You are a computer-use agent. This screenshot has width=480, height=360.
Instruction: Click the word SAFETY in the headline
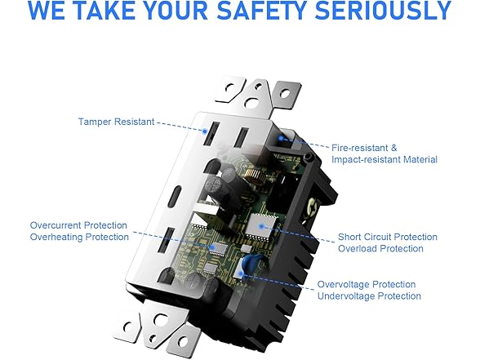pyautogui.click(x=262, y=10)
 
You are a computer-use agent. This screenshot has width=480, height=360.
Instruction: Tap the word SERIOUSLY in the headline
pyautogui.click(x=384, y=10)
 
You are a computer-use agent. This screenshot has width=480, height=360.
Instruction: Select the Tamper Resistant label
pyautogui.click(x=116, y=122)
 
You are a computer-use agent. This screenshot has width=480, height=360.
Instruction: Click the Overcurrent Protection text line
pyautogui.click(x=78, y=225)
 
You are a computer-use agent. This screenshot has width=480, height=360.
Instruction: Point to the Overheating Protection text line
pyautogui.click(x=79, y=237)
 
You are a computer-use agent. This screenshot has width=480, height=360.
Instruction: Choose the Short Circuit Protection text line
pyautogui.click(x=388, y=237)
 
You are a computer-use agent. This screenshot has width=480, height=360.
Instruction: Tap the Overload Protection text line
pyautogui.click(x=380, y=248)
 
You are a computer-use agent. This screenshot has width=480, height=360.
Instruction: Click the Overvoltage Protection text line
pyautogui.click(x=367, y=284)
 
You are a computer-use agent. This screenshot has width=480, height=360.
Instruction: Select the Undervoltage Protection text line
pyautogui.click(x=369, y=296)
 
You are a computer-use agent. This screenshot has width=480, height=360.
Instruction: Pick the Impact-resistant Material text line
pyautogui.click(x=384, y=159)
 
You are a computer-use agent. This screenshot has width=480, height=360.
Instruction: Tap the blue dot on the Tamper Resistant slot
pyautogui.click(x=205, y=131)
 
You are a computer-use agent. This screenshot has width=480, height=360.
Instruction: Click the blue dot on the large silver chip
pyautogui.click(x=261, y=227)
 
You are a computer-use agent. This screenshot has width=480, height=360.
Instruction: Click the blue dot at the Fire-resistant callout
pyautogui.click(x=281, y=139)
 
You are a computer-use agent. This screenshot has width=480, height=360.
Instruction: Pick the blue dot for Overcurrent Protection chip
pyautogui.click(x=212, y=247)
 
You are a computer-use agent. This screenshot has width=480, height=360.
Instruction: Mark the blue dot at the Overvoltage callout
pyautogui.click(x=241, y=273)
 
